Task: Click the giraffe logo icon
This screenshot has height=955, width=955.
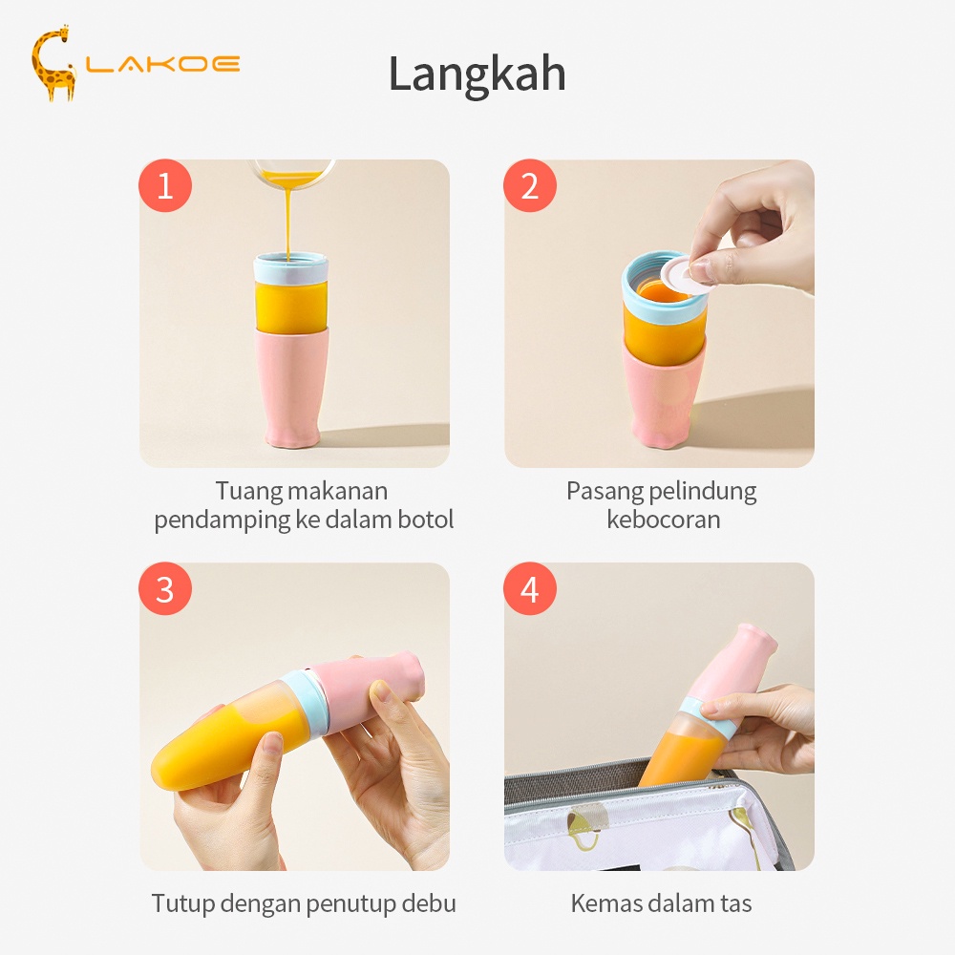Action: point(54,63)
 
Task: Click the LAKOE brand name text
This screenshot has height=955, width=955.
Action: point(162,64)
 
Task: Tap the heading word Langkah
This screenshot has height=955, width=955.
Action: point(477,74)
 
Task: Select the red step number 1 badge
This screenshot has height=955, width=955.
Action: point(165,185)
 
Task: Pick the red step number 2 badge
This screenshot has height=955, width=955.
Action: point(530,185)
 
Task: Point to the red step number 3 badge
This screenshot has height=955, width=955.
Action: point(165,588)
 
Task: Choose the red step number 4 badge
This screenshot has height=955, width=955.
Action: point(530,588)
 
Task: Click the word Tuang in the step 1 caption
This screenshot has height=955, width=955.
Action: point(248,492)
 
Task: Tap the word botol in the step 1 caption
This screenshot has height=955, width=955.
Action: point(426,520)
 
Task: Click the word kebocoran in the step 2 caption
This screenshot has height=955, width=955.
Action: point(664,520)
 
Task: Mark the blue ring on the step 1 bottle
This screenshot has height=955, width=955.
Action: point(290,268)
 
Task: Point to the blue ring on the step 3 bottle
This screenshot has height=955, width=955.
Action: point(304,699)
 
